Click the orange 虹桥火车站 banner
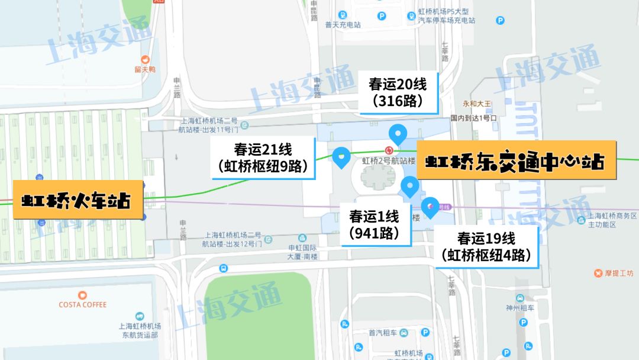click(78, 200)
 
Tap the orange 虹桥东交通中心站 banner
click(517, 160)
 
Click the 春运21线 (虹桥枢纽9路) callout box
click(262, 158)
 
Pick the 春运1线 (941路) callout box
click(374, 224)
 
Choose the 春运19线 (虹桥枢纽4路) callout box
click(486, 246)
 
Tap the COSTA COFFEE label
click(82, 304)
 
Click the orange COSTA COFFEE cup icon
click(82, 294)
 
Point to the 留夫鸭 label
click(144, 69)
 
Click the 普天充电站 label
click(343, 25)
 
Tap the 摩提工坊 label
click(617, 273)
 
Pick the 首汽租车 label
click(382, 332)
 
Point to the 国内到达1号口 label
click(473, 118)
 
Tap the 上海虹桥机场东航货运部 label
click(139, 330)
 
